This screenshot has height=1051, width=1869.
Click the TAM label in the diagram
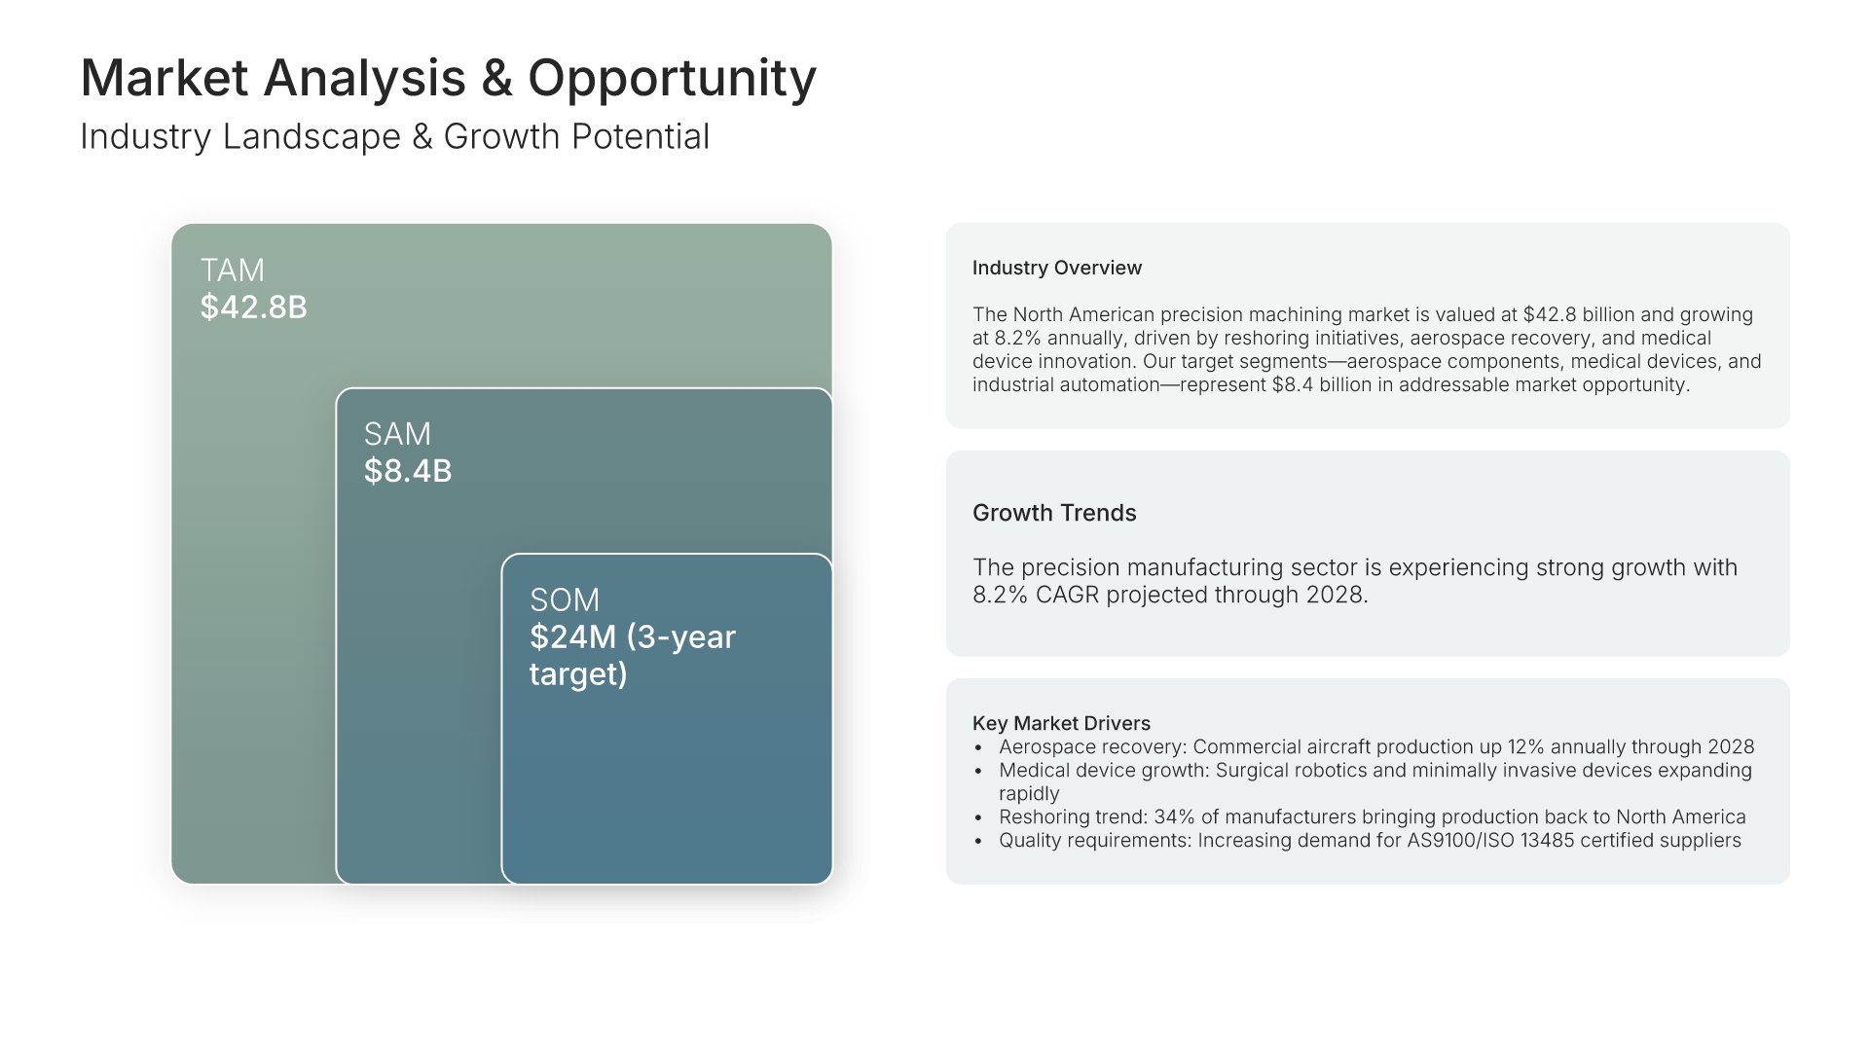[x=232, y=270]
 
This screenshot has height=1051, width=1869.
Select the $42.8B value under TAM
[x=253, y=307]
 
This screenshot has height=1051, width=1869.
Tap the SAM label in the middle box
[x=397, y=434]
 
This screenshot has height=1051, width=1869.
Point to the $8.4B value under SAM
[x=408, y=471]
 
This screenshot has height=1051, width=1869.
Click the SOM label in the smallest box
[x=565, y=599]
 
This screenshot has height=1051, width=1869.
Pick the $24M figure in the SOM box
[x=573, y=636]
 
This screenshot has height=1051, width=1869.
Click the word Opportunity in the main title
[x=672, y=79]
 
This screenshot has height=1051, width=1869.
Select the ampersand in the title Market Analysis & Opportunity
[x=496, y=78]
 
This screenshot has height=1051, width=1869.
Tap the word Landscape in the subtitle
[x=311, y=137]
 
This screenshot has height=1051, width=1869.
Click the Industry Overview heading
[x=1057, y=268]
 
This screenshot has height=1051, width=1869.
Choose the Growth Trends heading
[x=1054, y=513]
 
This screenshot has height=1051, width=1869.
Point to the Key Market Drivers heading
[x=1061, y=723]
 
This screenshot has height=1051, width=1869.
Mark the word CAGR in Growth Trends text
[x=1068, y=595]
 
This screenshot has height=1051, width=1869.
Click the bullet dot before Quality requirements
[x=978, y=841]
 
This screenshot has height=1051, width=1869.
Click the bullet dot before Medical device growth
[x=978, y=771]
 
